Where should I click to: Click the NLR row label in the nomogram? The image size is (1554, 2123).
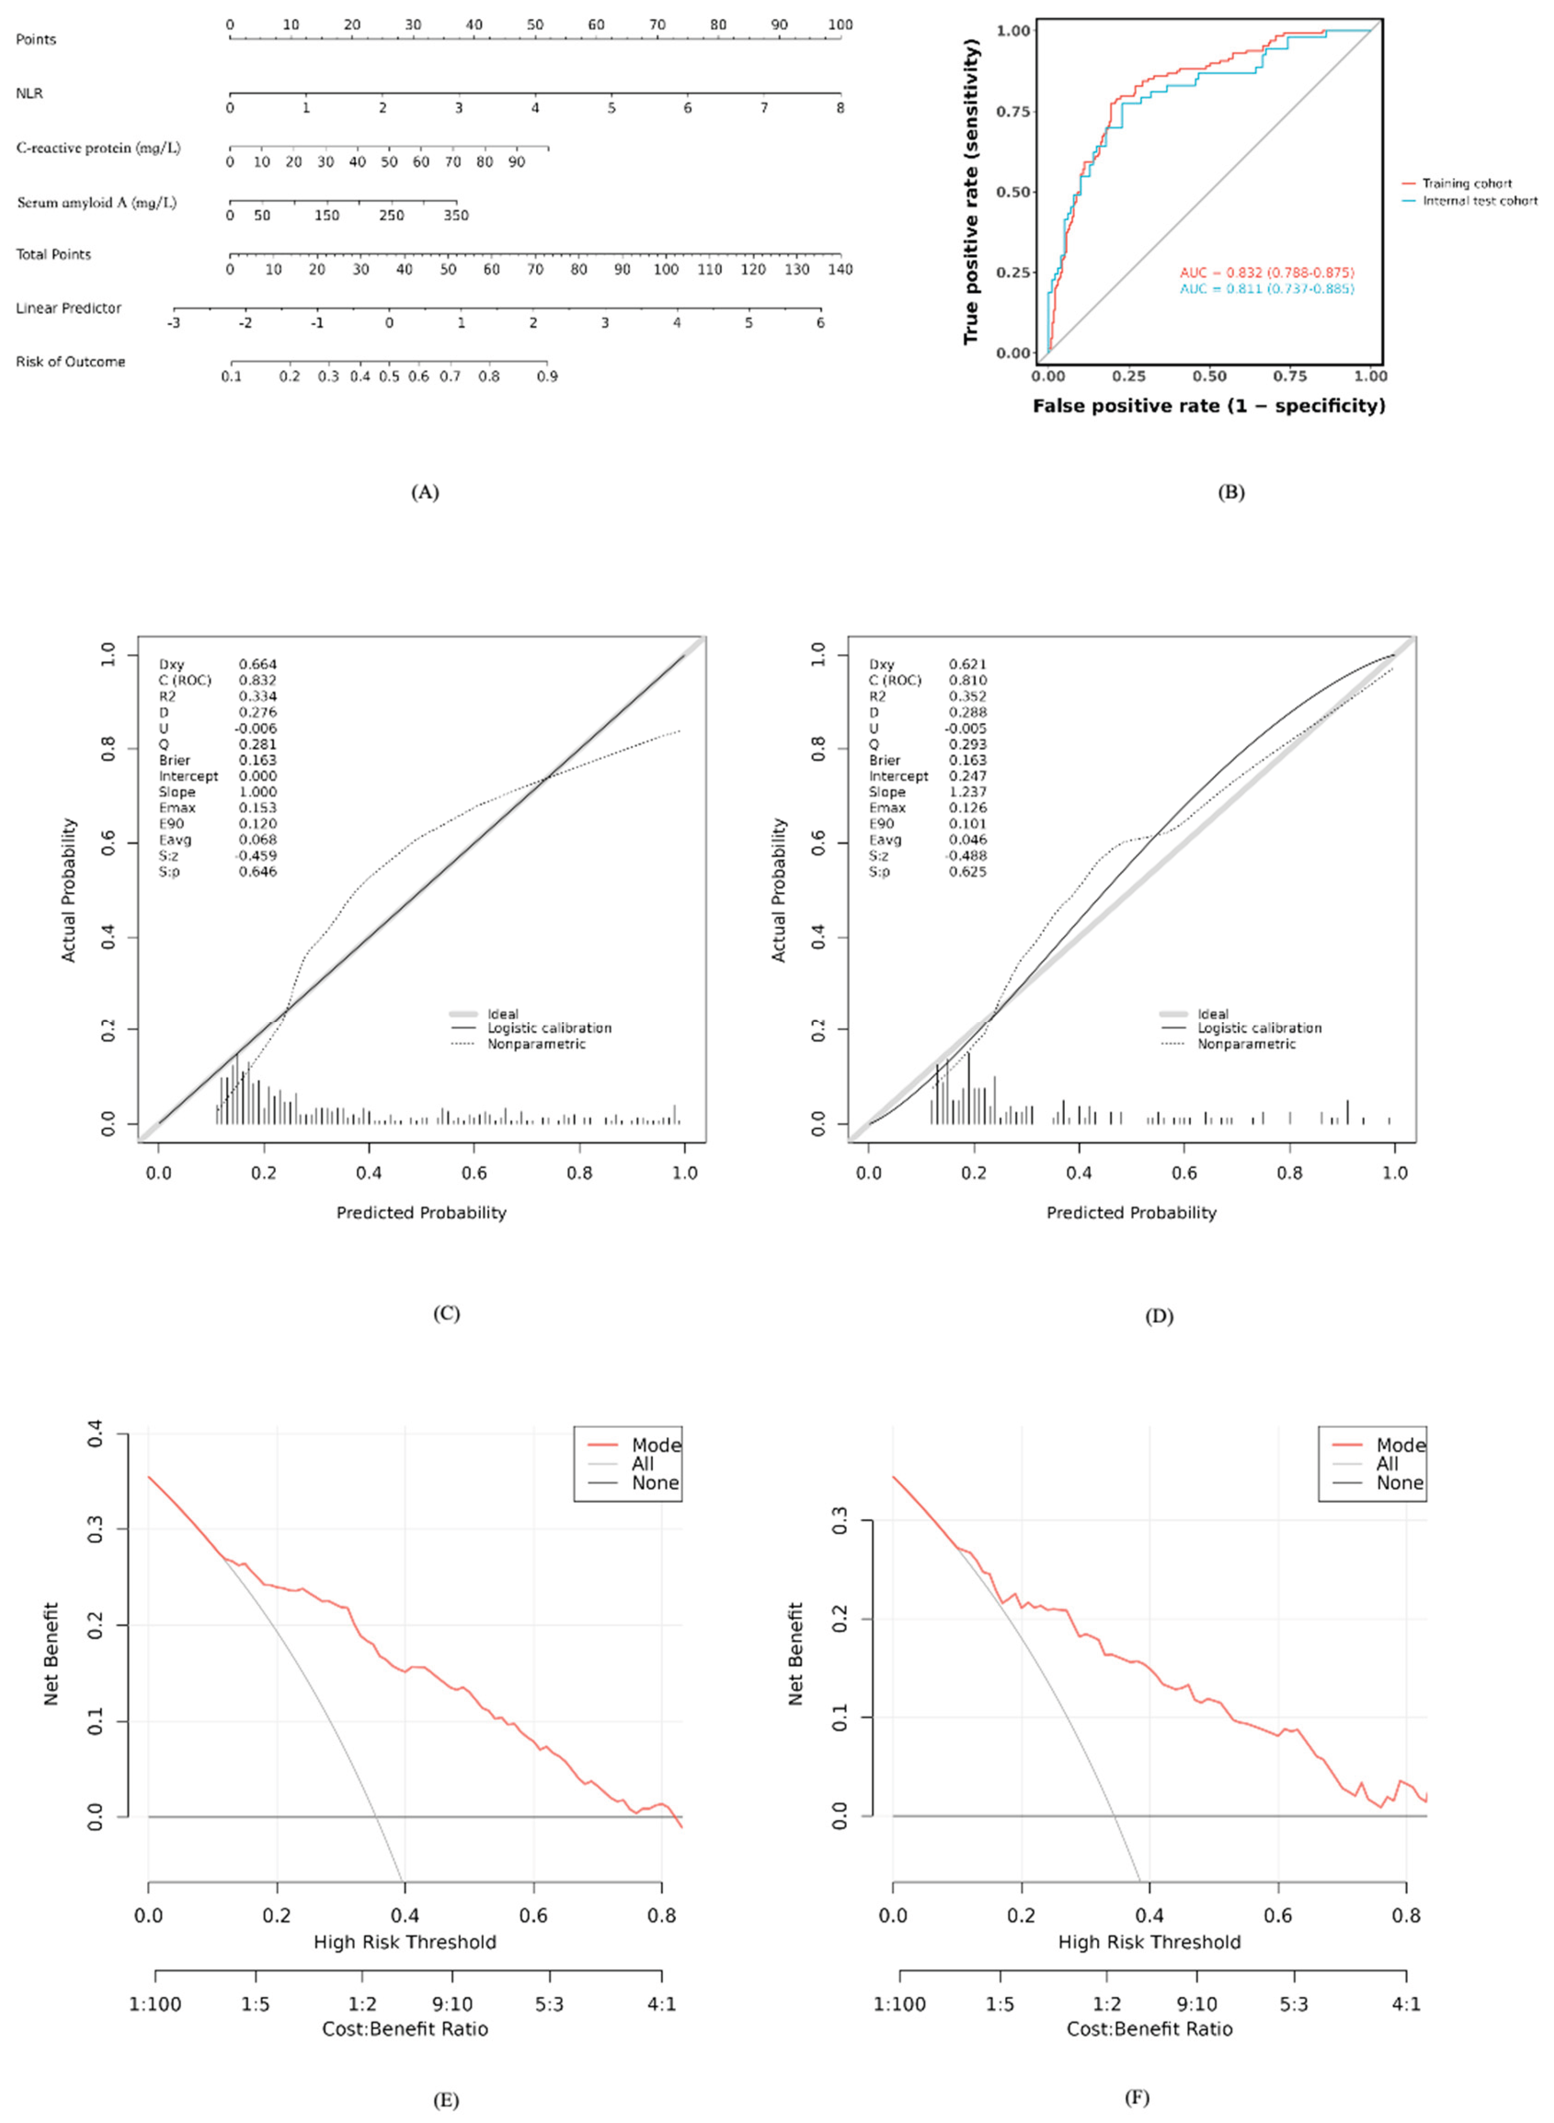[x=29, y=93]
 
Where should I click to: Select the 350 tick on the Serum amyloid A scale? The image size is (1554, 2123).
[x=456, y=216]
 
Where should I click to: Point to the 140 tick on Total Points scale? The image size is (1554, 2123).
[x=840, y=269]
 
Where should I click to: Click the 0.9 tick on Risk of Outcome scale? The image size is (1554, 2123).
[x=546, y=376]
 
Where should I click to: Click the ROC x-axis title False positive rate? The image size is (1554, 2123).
[x=1209, y=406]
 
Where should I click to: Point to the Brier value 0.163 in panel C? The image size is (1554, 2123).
[x=257, y=760]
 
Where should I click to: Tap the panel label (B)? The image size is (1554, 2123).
[x=1230, y=492]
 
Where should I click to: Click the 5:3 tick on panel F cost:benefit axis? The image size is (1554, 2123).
[x=1294, y=2004]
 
